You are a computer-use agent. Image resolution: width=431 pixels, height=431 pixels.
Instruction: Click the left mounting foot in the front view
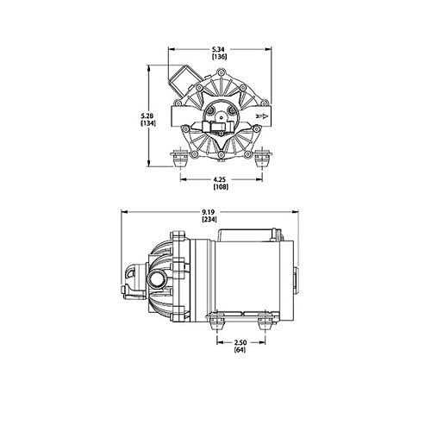[x=180, y=159]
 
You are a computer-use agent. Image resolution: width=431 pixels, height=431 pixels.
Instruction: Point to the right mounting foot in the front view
[x=262, y=159]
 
